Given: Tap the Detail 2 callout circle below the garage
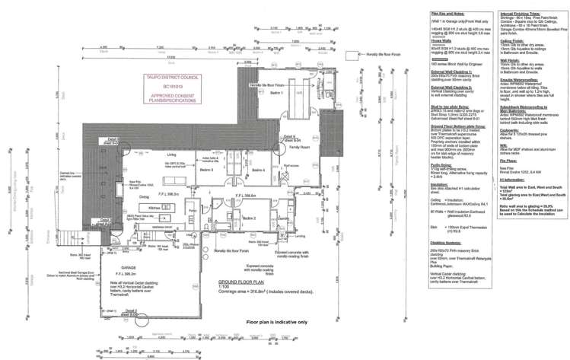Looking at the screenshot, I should (131, 312).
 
